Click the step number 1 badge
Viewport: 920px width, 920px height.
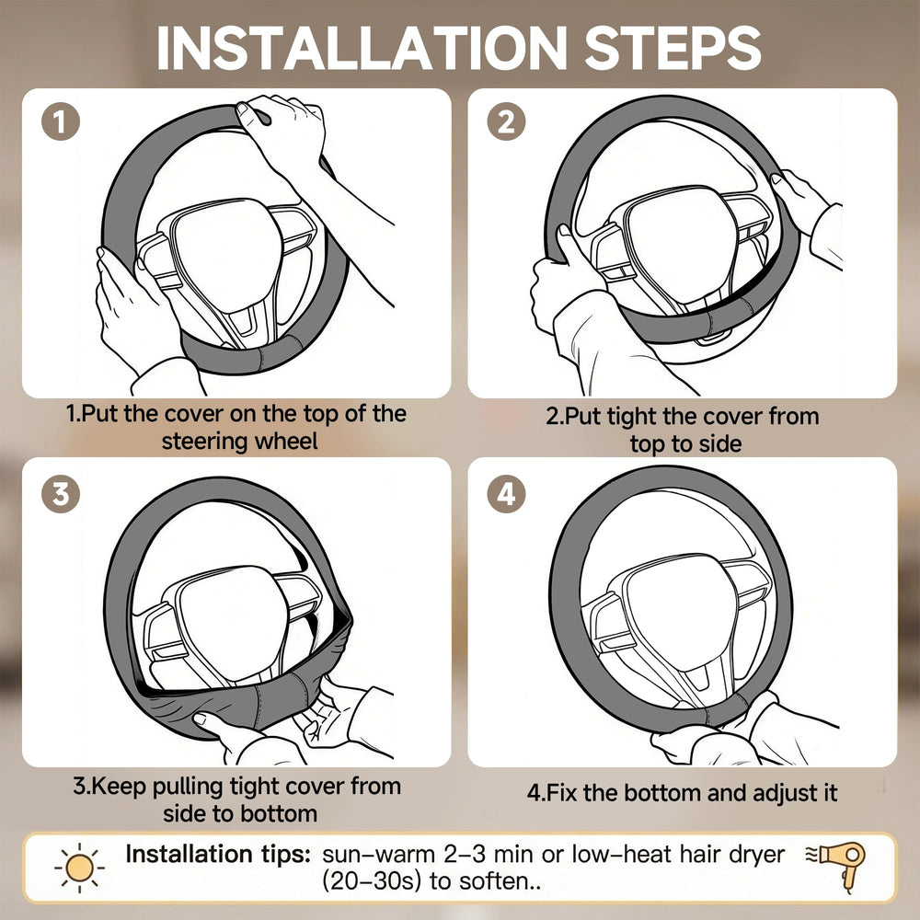61,121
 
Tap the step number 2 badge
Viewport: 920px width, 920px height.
506,121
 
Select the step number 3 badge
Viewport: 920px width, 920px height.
61,494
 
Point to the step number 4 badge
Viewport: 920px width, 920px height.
506,494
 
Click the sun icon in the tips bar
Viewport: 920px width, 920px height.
80,868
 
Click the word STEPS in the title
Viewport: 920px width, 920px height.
673,48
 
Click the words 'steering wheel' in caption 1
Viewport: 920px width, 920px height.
239,442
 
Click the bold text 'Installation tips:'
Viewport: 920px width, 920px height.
218,854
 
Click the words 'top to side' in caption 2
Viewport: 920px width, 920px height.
685,444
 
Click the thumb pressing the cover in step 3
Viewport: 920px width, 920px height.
206,721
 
